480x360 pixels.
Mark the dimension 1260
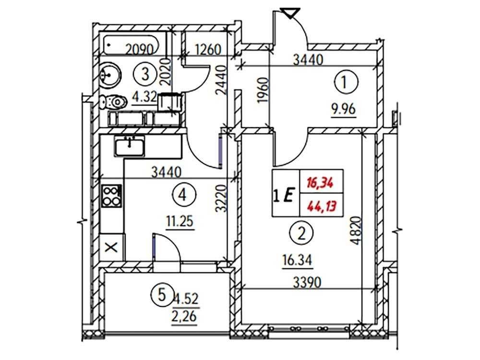[207, 49]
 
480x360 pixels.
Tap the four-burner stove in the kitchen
[112, 196]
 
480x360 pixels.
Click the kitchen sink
[129, 145]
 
